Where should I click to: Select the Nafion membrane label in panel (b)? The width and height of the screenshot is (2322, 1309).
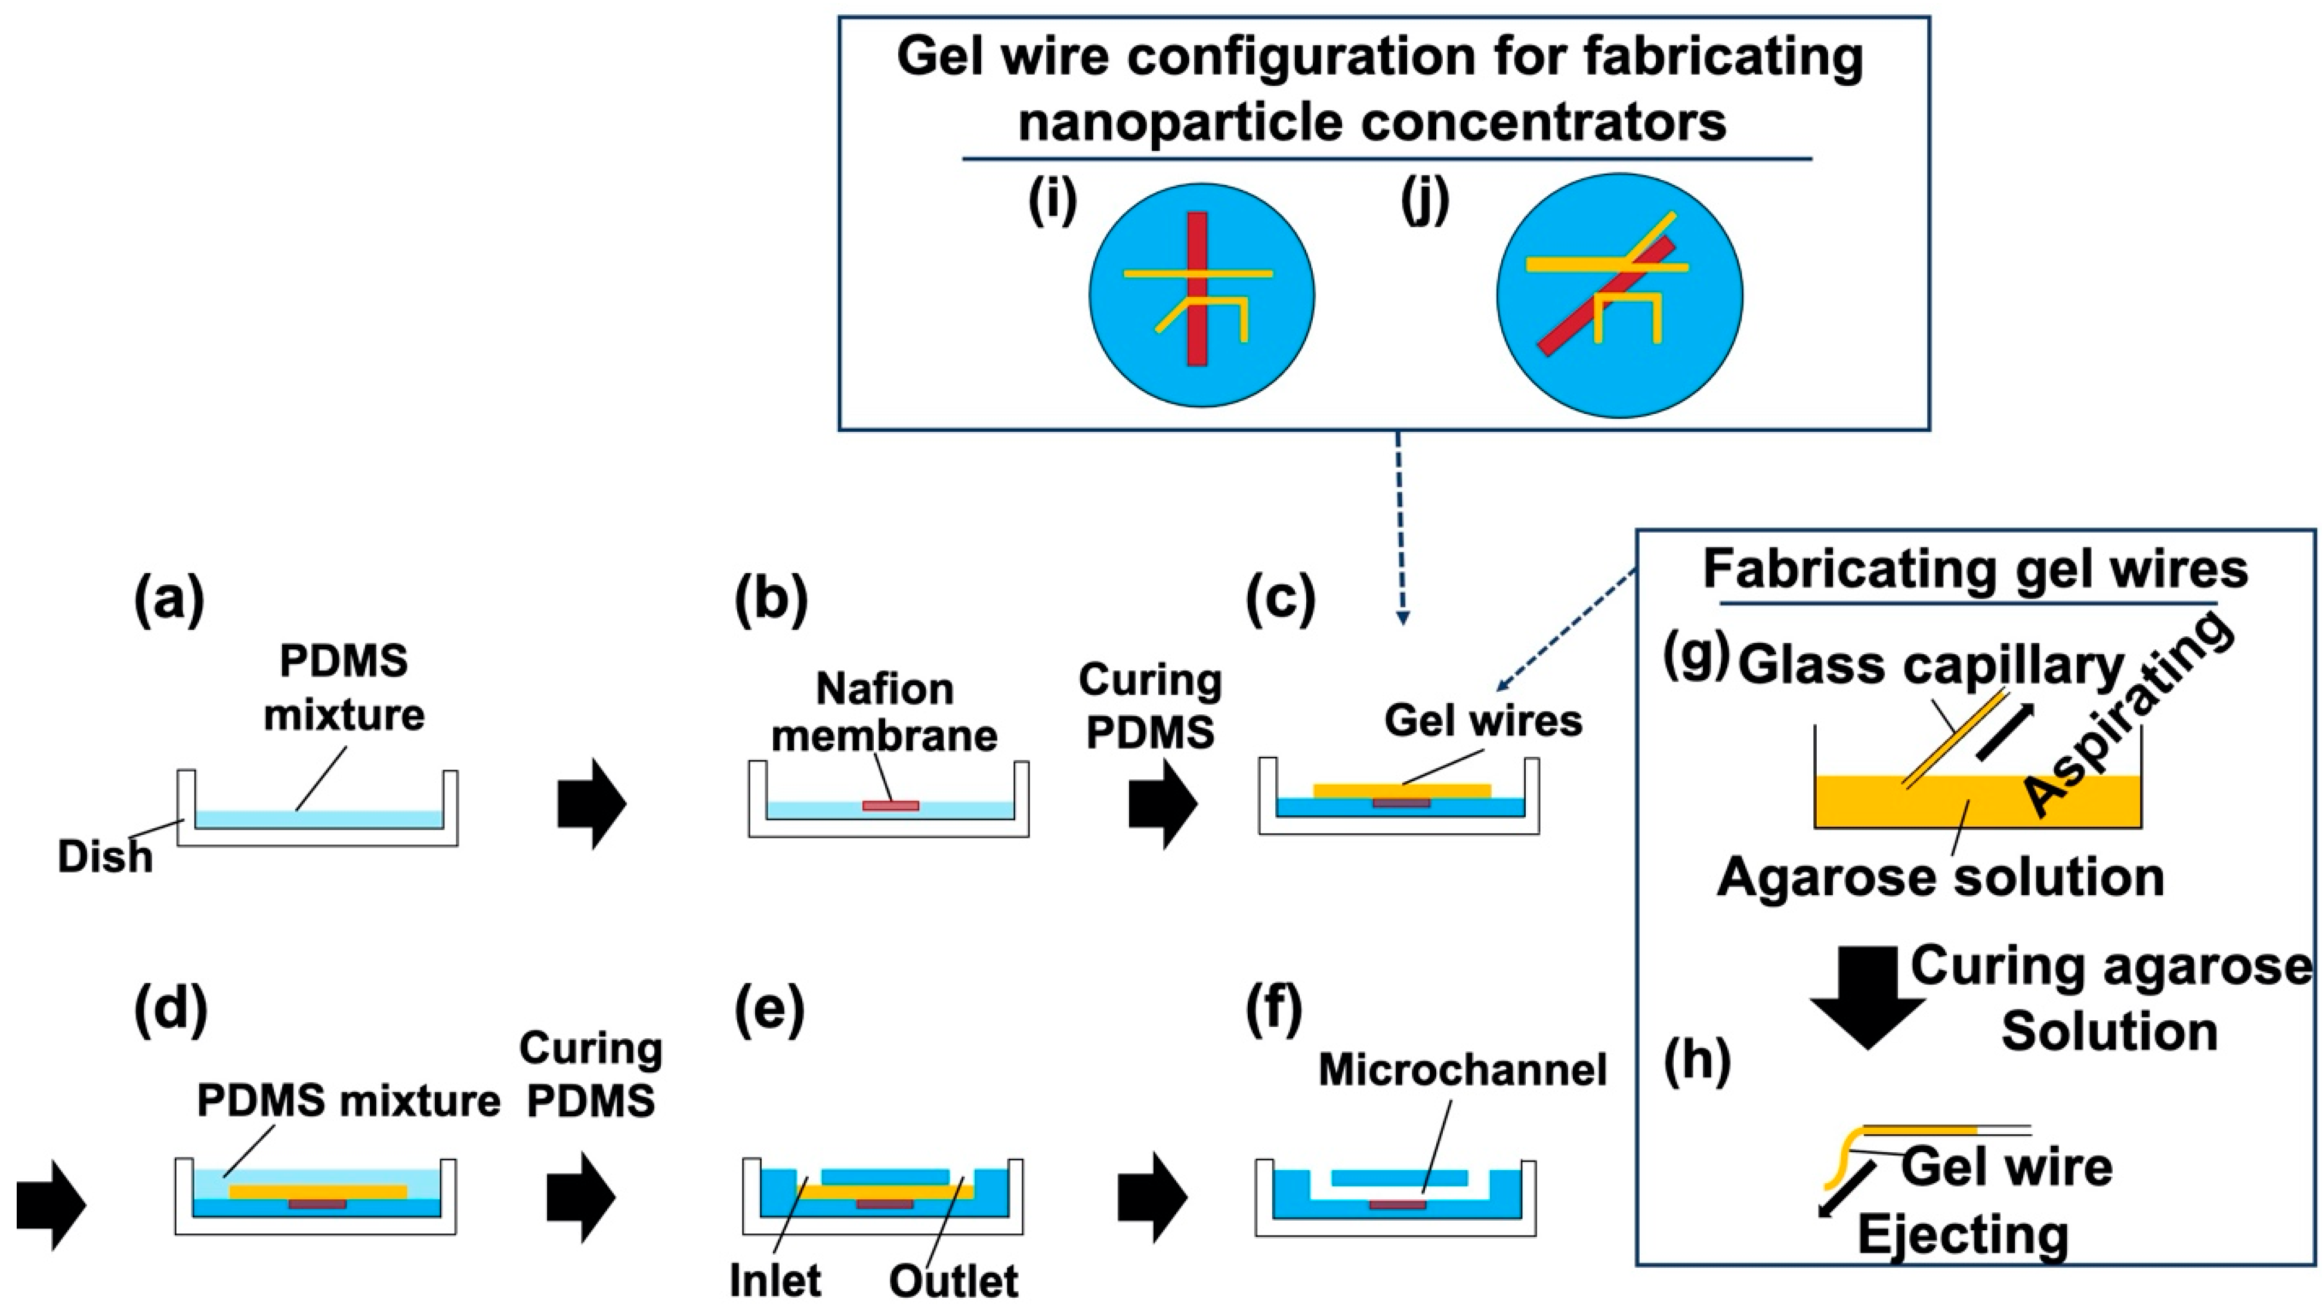(885, 712)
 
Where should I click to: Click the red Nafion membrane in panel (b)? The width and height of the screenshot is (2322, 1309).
(891, 805)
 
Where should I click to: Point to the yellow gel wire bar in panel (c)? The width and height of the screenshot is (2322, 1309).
(1402, 791)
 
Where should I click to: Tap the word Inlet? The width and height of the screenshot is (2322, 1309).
(775, 1280)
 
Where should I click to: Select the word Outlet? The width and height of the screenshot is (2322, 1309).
(954, 1280)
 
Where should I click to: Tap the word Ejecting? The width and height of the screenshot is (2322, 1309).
(1964, 1234)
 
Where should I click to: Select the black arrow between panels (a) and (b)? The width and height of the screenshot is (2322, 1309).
(591, 802)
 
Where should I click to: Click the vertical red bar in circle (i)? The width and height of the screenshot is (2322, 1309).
(1197, 289)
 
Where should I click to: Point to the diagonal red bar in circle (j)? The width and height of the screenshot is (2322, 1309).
(1606, 296)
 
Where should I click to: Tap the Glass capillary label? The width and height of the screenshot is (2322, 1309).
(1932, 666)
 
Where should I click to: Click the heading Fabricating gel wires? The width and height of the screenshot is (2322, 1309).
(1975, 569)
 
